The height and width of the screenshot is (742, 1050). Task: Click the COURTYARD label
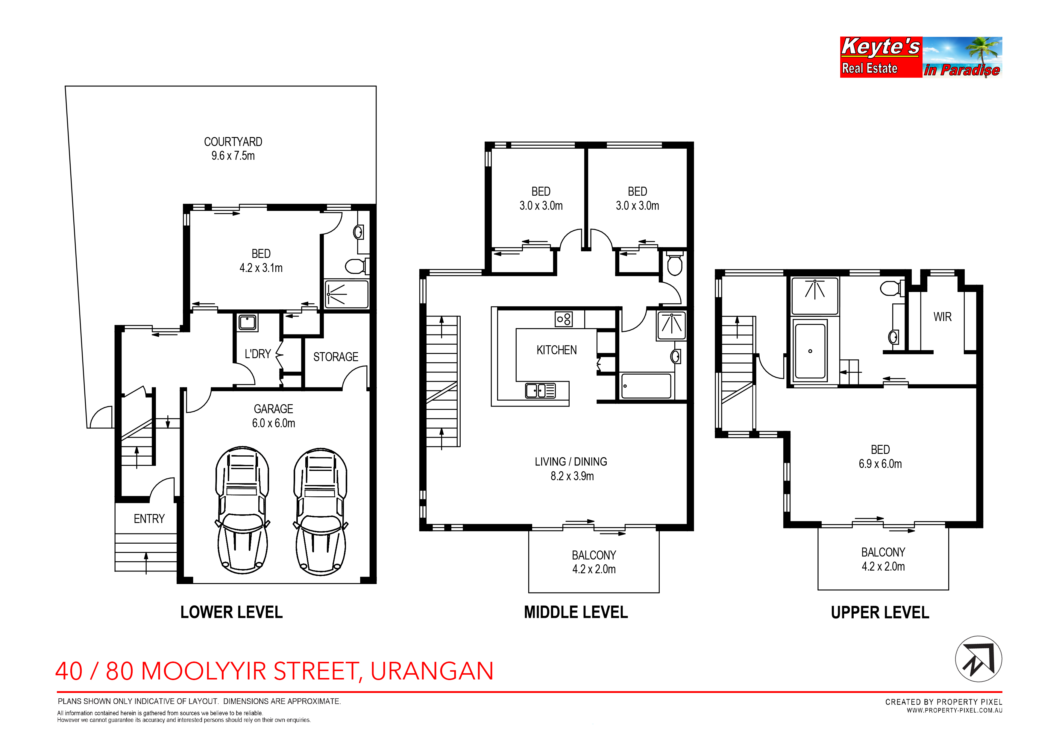coord(233,142)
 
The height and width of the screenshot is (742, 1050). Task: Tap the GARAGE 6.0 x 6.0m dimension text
coord(274,423)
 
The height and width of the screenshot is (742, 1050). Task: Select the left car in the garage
coord(242,510)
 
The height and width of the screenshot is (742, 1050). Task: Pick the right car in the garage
coord(321,512)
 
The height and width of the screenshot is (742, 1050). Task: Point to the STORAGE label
coord(336,357)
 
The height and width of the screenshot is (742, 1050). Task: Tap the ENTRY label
coord(149,519)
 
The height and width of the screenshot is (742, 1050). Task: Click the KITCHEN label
coord(556,350)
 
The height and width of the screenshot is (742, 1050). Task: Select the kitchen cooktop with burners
coord(563,319)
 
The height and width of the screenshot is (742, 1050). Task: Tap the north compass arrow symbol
coord(979,659)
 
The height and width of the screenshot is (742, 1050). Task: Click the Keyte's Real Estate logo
coord(921,57)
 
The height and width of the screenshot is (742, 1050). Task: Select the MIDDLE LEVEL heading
coord(576,612)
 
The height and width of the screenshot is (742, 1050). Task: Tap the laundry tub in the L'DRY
coord(248,322)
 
